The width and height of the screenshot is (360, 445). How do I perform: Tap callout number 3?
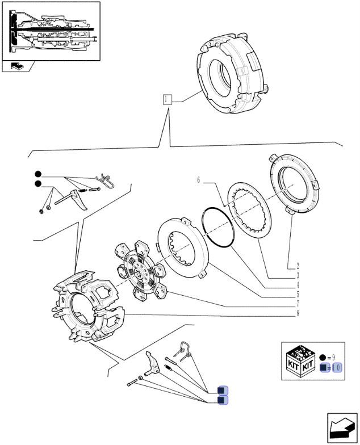297,275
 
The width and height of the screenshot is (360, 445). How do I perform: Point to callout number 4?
297,284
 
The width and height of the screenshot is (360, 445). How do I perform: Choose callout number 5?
297,294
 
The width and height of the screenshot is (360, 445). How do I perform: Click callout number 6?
199,180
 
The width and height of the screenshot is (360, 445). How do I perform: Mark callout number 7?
297,304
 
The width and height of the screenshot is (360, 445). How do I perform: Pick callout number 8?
297,313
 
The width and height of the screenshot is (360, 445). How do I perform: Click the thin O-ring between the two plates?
217,227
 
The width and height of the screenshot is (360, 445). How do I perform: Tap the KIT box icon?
300,362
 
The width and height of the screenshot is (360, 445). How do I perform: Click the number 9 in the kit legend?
333,356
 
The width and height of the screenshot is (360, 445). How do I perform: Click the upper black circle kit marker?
37,174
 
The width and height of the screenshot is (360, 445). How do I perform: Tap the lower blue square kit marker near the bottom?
223,401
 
